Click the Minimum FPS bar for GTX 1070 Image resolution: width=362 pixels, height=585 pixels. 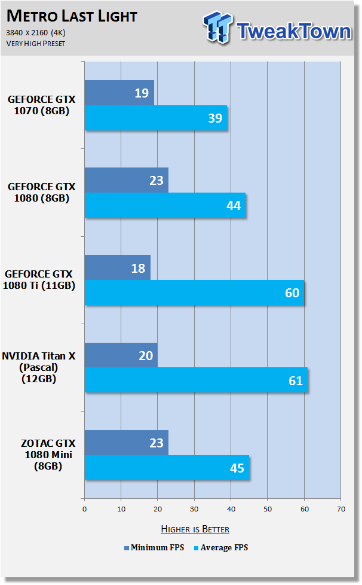click(x=119, y=93)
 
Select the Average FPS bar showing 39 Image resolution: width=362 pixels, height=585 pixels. click(x=156, y=118)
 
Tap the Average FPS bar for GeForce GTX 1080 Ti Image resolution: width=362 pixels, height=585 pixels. click(x=194, y=293)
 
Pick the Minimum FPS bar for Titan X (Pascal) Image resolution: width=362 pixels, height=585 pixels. click(x=121, y=355)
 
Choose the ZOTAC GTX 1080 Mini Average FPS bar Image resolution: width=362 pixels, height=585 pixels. click(x=167, y=468)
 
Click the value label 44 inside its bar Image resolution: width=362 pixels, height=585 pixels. click(x=234, y=206)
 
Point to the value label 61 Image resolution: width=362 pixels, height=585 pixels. click(x=296, y=380)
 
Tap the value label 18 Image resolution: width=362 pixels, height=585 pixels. click(x=138, y=268)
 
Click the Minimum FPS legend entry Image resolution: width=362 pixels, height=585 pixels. click(x=154, y=548)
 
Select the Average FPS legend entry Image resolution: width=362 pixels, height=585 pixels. click(x=221, y=548)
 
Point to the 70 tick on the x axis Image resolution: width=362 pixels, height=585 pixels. click(x=341, y=509)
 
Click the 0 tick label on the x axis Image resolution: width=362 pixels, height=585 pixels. click(x=85, y=509)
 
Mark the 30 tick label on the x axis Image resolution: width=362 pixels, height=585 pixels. click(x=194, y=509)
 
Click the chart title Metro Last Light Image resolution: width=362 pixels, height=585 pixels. click(x=72, y=16)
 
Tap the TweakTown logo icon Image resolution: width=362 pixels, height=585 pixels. click(x=218, y=28)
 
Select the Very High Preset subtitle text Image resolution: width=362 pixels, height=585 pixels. click(x=36, y=44)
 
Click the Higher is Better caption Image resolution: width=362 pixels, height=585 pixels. click(x=195, y=529)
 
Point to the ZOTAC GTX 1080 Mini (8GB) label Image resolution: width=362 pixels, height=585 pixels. click(x=48, y=455)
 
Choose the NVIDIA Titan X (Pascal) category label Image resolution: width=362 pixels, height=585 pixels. click(x=39, y=367)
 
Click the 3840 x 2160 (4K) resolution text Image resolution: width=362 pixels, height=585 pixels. click(x=36, y=33)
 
